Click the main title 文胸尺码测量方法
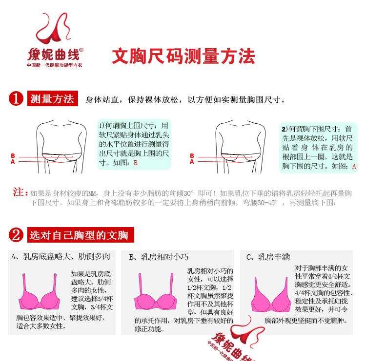pos(183,57)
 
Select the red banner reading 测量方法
pos(52,99)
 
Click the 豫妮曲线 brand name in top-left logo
pos(55,53)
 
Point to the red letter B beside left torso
pos(13,156)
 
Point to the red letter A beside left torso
pos(13,162)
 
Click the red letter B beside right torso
pos(192,156)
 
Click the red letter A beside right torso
pos(192,162)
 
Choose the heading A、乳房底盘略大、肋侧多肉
pos(61,256)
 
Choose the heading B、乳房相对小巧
pos(159,256)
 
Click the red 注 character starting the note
pos(20,192)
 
